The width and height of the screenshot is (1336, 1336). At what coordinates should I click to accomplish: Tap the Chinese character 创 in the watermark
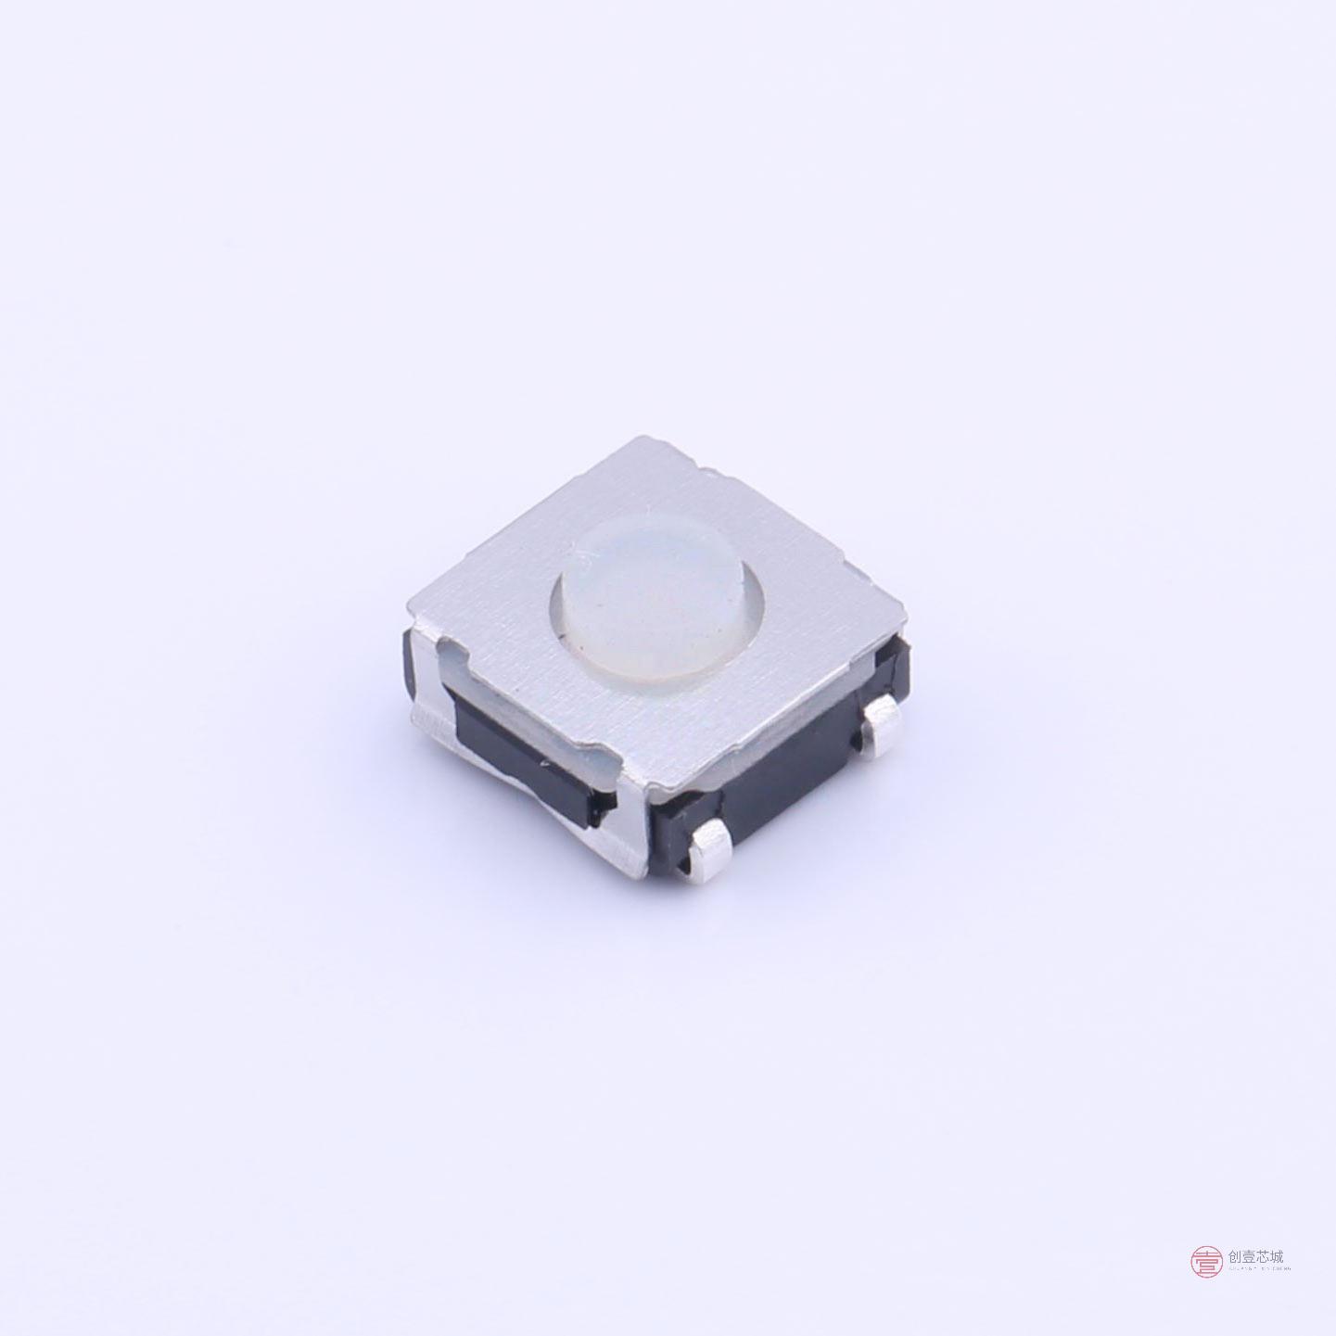1235,1257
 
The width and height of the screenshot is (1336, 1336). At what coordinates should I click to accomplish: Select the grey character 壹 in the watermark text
1250,1257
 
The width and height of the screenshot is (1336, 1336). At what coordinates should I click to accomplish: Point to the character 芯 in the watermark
1264,1257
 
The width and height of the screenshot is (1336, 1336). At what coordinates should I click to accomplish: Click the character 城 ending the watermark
1278,1257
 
